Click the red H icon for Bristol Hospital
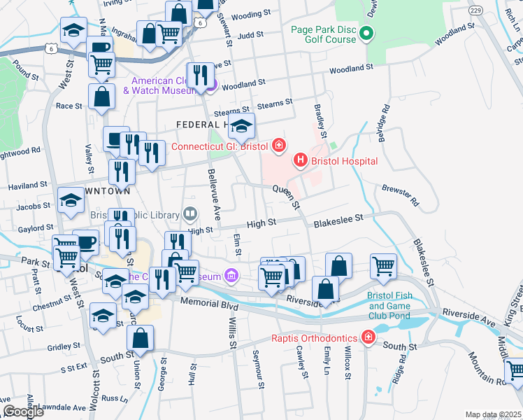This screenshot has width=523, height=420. [301, 161]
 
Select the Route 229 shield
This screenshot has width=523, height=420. [475, 10]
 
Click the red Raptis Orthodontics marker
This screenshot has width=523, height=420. [368, 338]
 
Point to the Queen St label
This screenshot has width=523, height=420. [286, 197]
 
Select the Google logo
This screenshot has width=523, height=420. [23, 412]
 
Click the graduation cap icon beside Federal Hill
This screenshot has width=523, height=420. [241, 125]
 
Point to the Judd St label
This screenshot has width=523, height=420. [250, 34]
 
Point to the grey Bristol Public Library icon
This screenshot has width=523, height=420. [189, 213]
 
